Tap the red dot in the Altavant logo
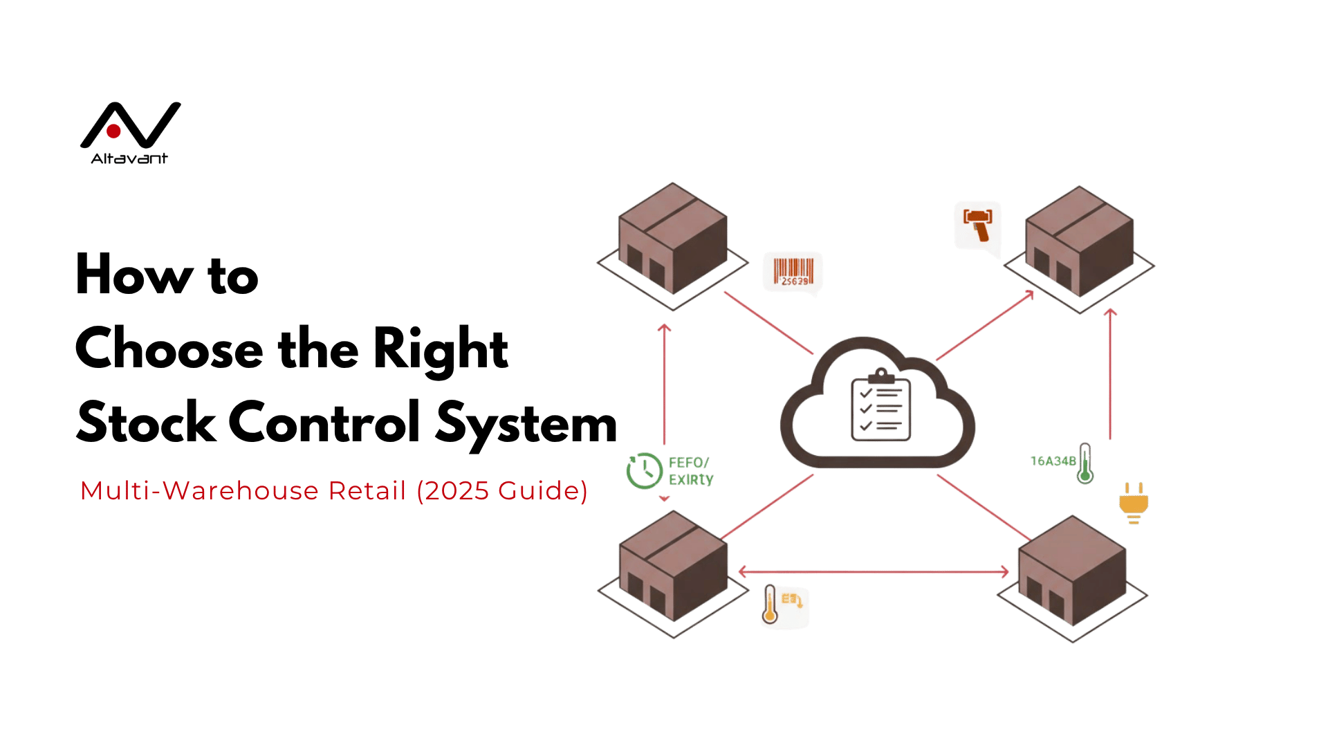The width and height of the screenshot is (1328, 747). coord(114,131)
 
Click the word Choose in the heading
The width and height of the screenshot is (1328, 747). coord(169,349)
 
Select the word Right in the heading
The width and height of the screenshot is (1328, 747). coord(441,349)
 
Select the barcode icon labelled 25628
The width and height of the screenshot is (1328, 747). coord(793,273)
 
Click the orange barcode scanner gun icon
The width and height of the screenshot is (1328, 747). coord(978,225)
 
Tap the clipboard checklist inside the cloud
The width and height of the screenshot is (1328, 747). coord(880,407)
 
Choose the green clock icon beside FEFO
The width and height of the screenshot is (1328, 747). coord(644,470)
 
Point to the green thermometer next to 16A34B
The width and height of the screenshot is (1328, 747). coord(1085,463)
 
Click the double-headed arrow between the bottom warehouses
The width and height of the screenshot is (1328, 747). coord(874,571)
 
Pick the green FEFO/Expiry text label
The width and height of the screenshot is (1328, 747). coord(690,471)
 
